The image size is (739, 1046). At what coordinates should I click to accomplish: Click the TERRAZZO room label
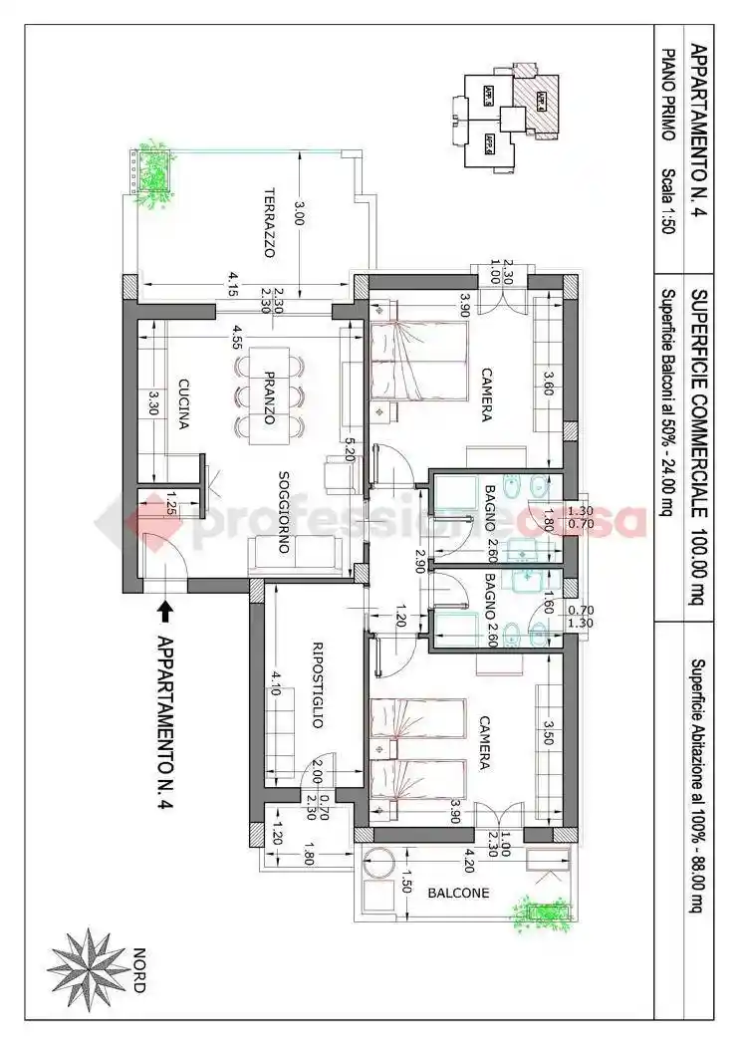tap(269, 223)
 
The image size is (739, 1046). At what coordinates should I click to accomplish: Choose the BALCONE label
tap(458, 894)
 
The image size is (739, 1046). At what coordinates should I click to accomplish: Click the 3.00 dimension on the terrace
tap(300, 212)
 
